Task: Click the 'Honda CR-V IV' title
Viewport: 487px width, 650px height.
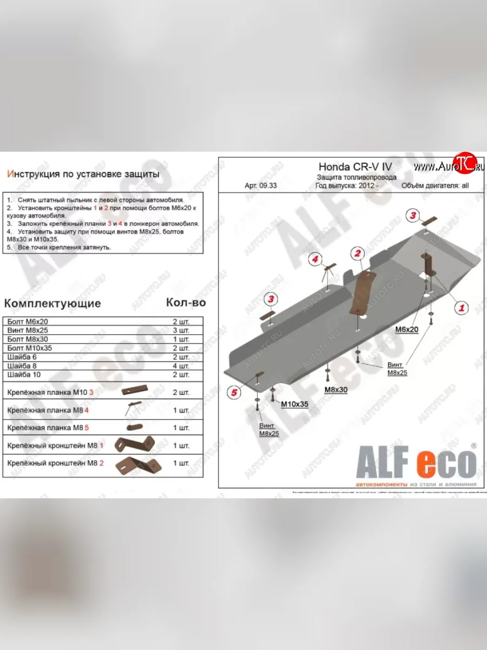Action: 354,167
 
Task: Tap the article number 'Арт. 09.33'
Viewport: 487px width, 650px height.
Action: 261,185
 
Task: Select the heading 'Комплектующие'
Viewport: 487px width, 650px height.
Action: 52,303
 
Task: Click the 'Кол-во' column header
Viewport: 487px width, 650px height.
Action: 185,303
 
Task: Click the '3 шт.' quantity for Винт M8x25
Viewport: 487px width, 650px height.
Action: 181,330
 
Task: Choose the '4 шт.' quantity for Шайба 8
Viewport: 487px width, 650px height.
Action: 181,366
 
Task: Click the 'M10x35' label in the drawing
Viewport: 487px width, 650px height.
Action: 294,404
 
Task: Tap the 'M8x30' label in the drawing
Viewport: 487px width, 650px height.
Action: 335,390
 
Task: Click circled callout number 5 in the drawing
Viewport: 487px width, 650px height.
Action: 234,393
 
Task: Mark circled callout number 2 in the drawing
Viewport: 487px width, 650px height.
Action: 357,252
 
